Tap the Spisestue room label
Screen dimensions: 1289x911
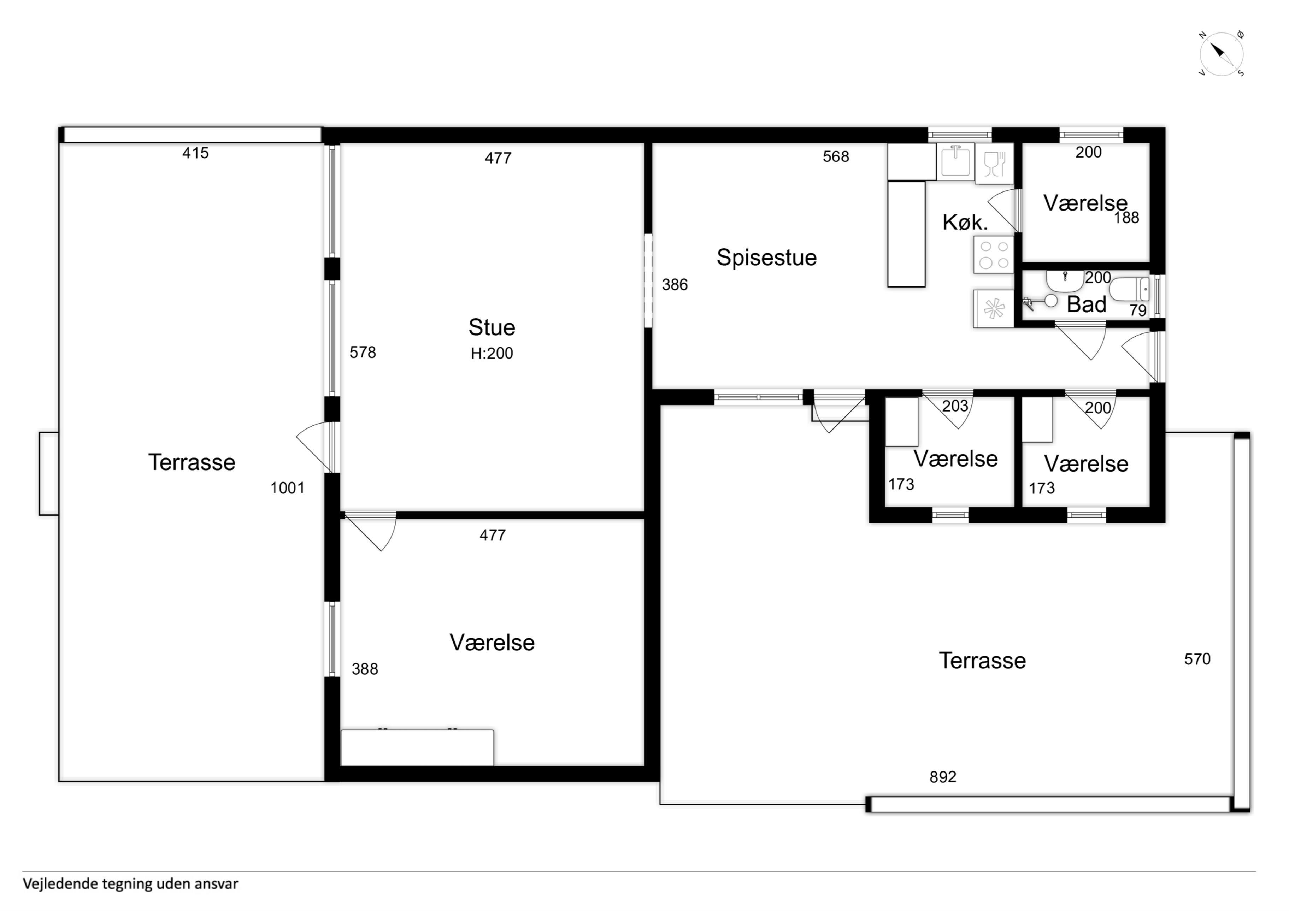[x=766, y=258]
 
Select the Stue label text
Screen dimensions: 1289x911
[x=492, y=327]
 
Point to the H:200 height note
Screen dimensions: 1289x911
[x=492, y=353]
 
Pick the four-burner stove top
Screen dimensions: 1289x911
[x=994, y=255]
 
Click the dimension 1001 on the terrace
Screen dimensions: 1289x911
[x=287, y=488]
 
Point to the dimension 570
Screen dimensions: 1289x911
[x=1197, y=659]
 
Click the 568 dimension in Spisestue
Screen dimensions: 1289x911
[x=836, y=156]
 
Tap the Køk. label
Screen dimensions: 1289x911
[x=965, y=223]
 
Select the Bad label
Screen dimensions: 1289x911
[x=1086, y=305]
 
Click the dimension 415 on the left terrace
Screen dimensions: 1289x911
[x=195, y=153]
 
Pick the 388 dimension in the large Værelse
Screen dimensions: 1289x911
[x=365, y=669]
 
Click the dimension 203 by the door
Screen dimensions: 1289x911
[x=955, y=406]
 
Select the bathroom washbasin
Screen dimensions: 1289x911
[x=1064, y=281]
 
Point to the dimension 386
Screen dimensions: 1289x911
[x=675, y=285]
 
